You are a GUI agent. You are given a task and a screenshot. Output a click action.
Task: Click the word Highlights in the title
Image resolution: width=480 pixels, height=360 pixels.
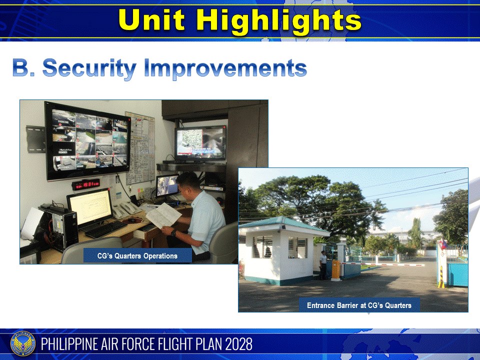point(278,20)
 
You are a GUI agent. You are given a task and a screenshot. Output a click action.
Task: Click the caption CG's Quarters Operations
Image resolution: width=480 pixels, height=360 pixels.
point(137,255)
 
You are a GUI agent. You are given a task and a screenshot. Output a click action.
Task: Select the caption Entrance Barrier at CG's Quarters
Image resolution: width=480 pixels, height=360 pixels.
point(359,305)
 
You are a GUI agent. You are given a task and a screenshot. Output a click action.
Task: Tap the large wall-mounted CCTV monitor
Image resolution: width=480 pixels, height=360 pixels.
point(87,140)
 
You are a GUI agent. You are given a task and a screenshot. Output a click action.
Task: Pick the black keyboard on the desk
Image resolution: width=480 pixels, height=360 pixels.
point(105,229)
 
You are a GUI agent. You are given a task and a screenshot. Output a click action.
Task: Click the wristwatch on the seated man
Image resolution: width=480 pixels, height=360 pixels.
point(173,232)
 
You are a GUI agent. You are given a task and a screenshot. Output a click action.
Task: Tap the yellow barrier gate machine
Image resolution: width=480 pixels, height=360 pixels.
point(336,270)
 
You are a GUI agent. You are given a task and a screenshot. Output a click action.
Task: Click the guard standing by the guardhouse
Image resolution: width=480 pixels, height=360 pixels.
point(323,265)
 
